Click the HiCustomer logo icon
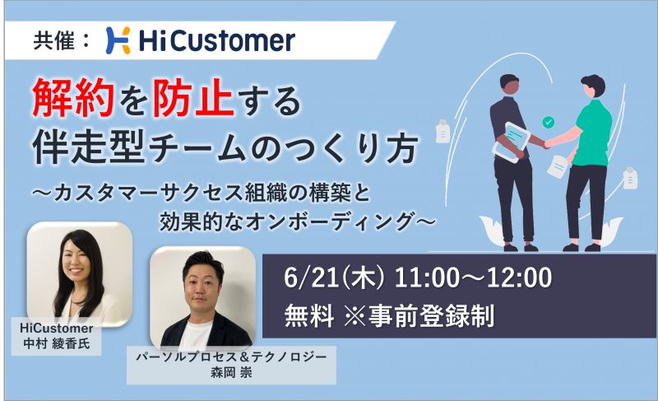pos(118,40)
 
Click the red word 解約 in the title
pos(73,97)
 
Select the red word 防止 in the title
pos(193,97)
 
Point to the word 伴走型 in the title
pos(89,147)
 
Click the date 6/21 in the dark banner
pos(312,278)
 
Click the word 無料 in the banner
pos(309,315)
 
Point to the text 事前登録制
pos(432,315)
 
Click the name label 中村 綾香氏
pos(57,344)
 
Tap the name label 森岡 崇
pos(231,372)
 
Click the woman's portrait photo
pos(80,274)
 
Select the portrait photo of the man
pos(203,297)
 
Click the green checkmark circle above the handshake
pos(548,122)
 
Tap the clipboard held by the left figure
pos(512,142)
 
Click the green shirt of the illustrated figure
pos(591,133)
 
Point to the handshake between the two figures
pos(546,145)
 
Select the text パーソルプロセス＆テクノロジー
pos(231,357)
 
